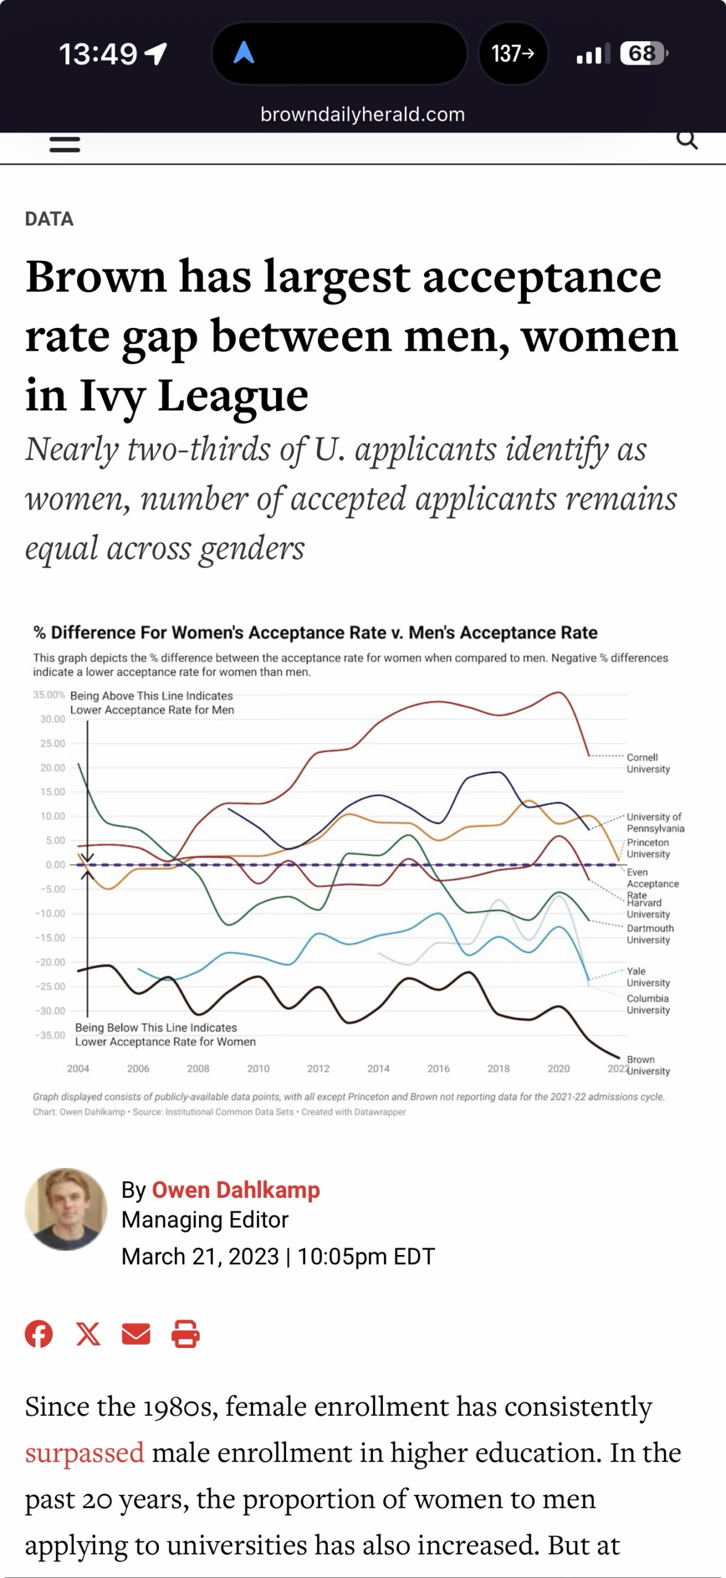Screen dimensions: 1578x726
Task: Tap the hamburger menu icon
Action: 65,144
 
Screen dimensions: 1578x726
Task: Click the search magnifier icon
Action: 687,141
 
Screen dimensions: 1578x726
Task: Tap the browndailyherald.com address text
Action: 362,114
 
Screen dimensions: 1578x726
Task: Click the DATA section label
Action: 49,219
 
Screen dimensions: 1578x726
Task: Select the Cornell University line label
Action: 648,763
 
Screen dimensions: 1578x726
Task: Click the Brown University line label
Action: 648,1065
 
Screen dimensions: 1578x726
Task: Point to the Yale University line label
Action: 648,977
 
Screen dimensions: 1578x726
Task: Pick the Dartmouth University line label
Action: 650,934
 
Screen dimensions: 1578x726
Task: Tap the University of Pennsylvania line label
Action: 655,822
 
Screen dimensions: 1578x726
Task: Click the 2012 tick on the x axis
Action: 318,1068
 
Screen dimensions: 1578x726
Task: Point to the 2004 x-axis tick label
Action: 78,1068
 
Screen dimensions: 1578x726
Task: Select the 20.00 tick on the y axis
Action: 52,767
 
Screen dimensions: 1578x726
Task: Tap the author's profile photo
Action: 66,1209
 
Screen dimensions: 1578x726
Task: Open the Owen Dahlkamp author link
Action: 235,1190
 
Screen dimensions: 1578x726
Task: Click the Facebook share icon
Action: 39,1335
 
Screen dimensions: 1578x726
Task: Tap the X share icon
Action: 88,1335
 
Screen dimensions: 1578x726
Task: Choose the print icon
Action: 185,1335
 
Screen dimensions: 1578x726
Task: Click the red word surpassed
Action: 84,1452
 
